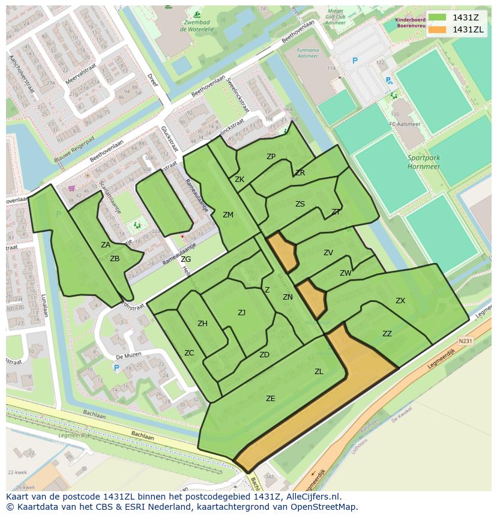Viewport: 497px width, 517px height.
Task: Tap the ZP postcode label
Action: pyautogui.click(x=271, y=157)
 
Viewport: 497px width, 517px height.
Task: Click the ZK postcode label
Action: pyautogui.click(x=239, y=180)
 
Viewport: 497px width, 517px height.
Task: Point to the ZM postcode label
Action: pyautogui.click(x=228, y=215)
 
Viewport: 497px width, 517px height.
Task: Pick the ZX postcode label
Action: pyautogui.click(x=400, y=301)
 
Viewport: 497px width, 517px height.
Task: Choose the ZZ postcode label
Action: pyautogui.click(x=387, y=334)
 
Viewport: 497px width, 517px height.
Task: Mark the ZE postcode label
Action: pyautogui.click(x=271, y=398)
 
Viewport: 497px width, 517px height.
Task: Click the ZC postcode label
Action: pyautogui.click(x=189, y=353)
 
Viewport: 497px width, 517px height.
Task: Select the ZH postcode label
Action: pyautogui.click(x=202, y=324)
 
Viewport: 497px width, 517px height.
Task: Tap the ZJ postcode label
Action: pyautogui.click(x=241, y=312)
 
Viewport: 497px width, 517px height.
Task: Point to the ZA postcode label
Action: pyautogui.click(x=106, y=245)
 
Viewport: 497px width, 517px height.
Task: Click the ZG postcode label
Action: pyautogui.click(x=185, y=259)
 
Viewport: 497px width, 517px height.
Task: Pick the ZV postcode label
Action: pyautogui.click(x=328, y=253)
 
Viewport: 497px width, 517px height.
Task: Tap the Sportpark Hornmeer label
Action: pyautogui.click(x=424, y=162)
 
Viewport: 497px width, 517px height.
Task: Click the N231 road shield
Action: pyautogui.click(x=465, y=340)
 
